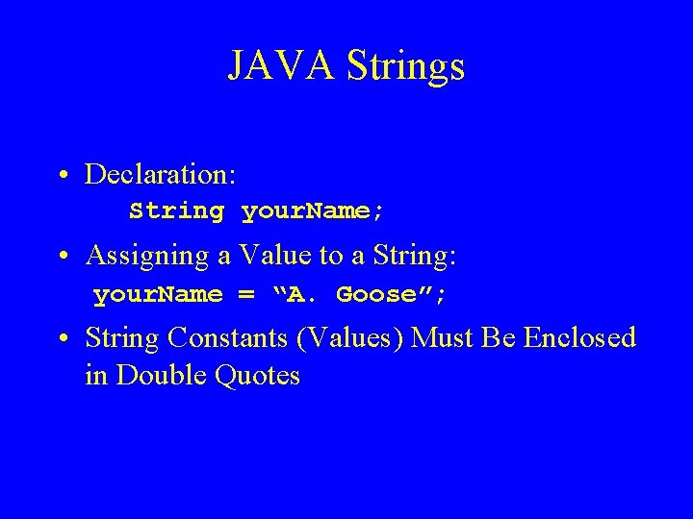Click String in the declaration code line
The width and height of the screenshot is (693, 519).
coord(177,210)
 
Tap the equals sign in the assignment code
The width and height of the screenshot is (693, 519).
coord(246,295)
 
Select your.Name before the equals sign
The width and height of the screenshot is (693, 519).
coord(158,294)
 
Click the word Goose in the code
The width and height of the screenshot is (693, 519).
coord(375,294)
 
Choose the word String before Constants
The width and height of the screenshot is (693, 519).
coord(122,338)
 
